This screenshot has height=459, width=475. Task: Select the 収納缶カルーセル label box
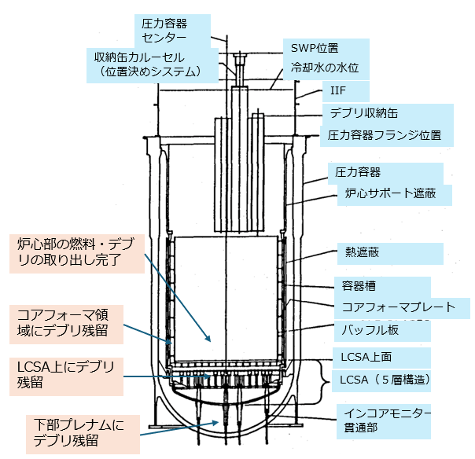pyautogui.click(x=151, y=65)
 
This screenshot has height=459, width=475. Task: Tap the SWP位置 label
pyautogui.click(x=319, y=48)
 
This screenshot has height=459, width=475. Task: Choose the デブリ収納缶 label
pyautogui.click(x=363, y=114)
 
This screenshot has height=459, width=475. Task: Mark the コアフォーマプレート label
pyautogui.click(x=399, y=307)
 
